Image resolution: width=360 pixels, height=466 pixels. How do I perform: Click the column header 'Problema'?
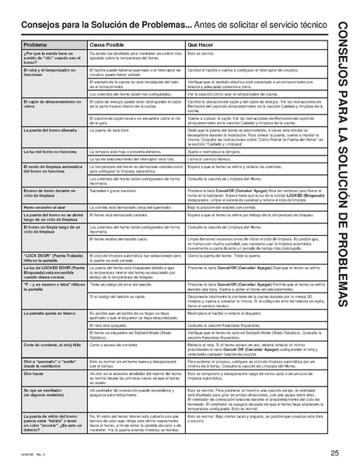(36, 46)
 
